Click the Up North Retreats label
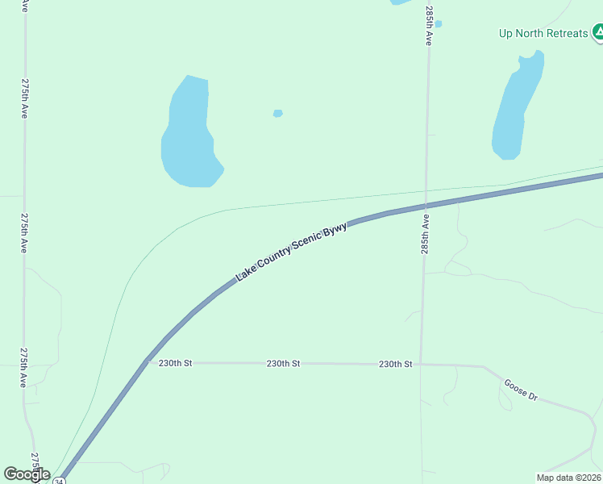[543, 33]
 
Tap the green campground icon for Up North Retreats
[598, 33]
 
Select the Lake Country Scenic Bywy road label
[291, 252]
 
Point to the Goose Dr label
[520, 390]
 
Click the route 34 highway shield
[59, 481]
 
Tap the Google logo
[27, 474]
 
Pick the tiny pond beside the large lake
[278, 113]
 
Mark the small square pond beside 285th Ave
[438, 23]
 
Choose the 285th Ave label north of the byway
[430, 26]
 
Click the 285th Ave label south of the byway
[425, 235]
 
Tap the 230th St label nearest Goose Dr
[395, 364]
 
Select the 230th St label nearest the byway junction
[175, 363]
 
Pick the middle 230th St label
[283, 364]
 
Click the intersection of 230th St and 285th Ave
[420, 364]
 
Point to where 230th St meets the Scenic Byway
[146, 362]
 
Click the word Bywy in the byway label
[335, 231]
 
